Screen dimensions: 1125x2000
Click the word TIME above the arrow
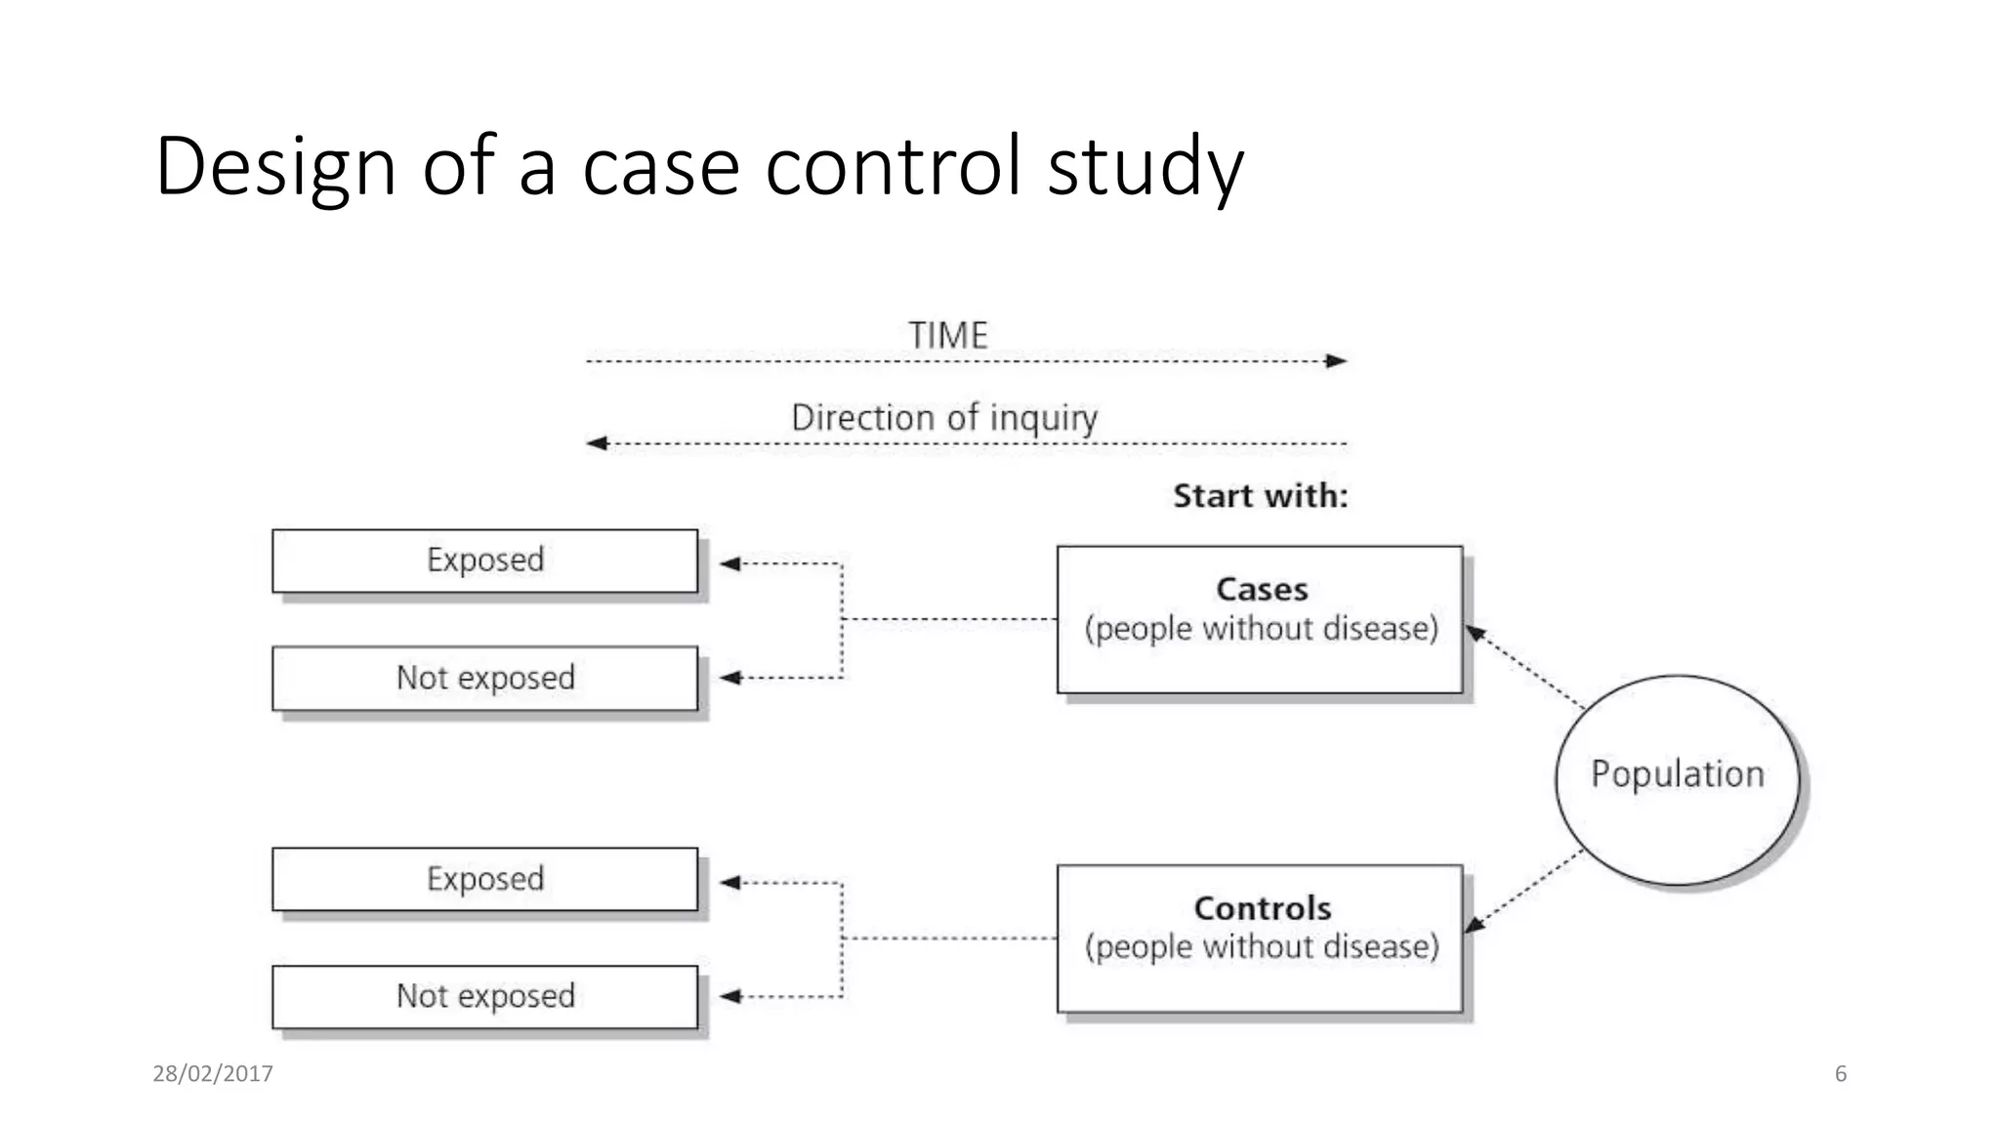[947, 335]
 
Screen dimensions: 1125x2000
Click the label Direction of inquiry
[943, 417]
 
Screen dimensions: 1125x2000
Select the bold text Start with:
[1260, 495]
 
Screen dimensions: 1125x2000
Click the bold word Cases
[1261, 589]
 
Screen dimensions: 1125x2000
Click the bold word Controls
[1262, 908]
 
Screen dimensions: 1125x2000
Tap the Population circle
[1677, 779]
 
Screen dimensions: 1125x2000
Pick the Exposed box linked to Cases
[484, 561]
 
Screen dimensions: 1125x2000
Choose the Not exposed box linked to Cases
[484, 678]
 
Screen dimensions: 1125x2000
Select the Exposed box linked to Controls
[484, 879]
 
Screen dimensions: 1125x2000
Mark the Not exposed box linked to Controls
[484, 996]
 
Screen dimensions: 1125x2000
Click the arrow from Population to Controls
[1523, 891]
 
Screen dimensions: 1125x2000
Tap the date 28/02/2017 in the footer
[212, 1073]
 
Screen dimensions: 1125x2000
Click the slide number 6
[1840, 1073]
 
